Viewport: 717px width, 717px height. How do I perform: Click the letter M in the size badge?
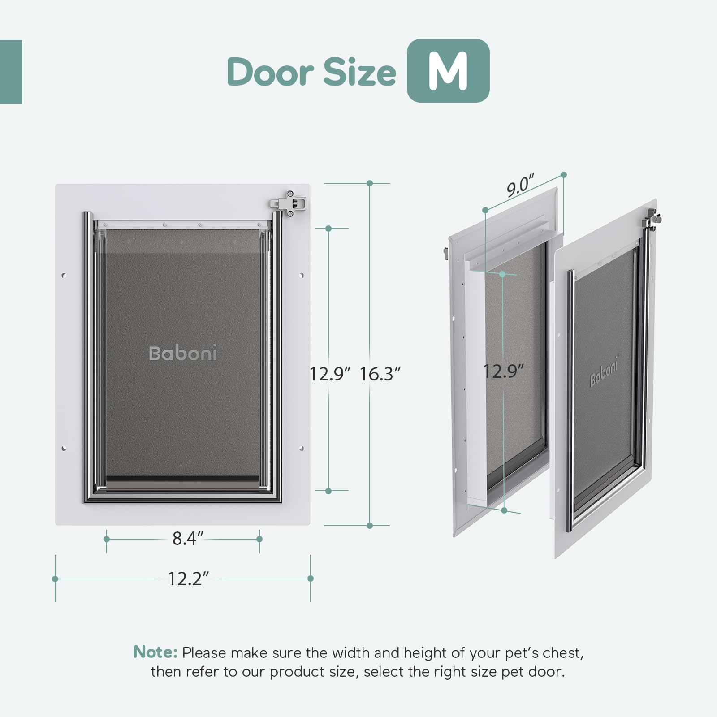coord(448,71)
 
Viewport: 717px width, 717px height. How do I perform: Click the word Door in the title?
coord(271,72)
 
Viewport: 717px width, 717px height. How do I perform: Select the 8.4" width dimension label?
coord(188,538)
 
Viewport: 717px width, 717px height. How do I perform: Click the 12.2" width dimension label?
coord(188,579)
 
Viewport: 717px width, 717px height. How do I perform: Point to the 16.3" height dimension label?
coord(380,373)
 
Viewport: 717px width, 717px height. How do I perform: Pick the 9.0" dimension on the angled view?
coord(521,185)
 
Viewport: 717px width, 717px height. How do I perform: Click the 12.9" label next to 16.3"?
coord(330,373)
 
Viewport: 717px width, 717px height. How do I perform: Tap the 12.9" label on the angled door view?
coord(503,371)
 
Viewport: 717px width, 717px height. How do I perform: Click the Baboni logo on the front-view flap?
coord(183,353)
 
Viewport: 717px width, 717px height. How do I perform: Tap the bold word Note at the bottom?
coord(155,652)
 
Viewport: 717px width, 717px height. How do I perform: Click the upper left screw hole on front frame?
coord(64,275)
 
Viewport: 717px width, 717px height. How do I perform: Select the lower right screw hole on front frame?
coord(301,448)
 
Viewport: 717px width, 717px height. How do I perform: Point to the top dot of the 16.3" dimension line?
coord(370,183)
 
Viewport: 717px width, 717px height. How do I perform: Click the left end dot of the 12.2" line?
coord(55,579)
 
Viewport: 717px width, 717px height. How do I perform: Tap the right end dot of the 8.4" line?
coord(259,539)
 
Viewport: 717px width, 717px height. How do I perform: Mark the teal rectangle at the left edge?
coord(11,72)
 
